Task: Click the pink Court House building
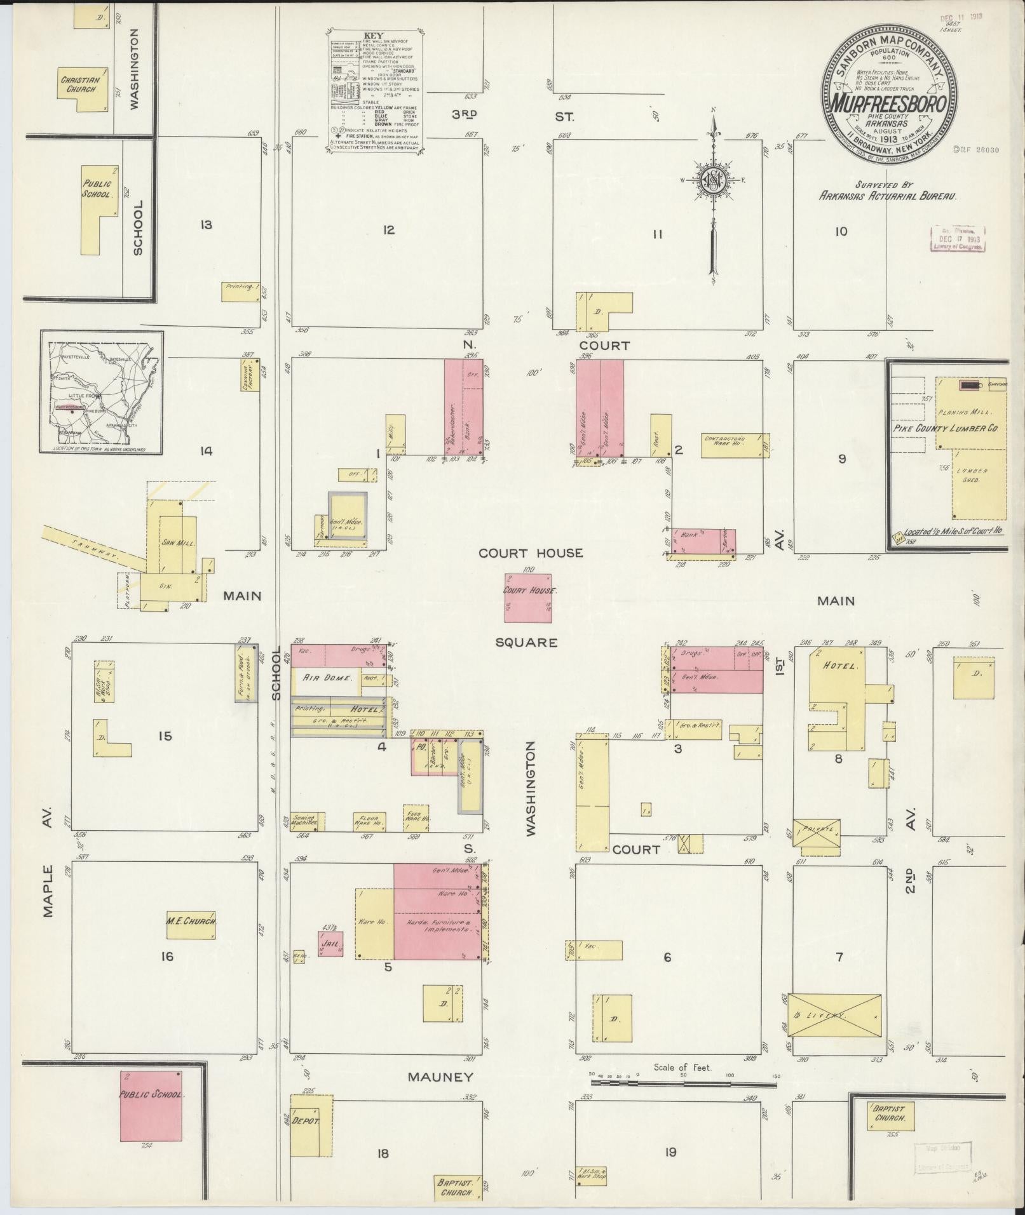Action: click(528, 598)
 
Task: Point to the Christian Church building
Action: click(80, 85)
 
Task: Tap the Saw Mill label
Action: click(178, 543)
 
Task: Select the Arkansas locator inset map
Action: click(102, 392)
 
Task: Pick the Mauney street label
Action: click(440, 1077)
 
